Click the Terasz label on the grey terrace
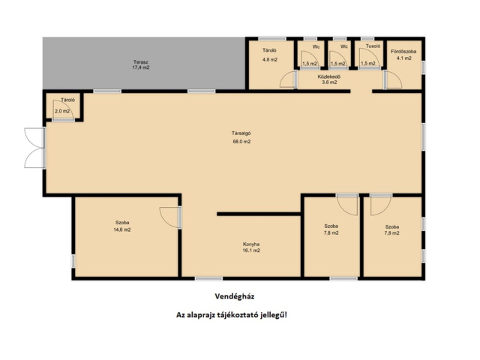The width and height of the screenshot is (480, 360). [141, 61]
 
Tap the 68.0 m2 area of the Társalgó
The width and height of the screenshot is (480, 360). [241, 142]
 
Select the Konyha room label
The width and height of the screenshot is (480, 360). [251, 244]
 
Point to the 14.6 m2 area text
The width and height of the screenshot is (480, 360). [122, 229]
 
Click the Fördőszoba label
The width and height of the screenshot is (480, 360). [403, 52]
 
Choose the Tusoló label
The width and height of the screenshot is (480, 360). [373, 46]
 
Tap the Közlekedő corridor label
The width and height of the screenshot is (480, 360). [329, 76]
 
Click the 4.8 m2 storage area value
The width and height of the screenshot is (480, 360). [270, 60]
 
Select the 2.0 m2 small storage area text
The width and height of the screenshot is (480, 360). [62, 111]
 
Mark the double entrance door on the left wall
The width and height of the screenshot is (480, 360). [34, 148]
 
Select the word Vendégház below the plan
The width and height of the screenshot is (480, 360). [235, 296]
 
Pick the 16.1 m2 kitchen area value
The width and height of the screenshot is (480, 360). [251, 250]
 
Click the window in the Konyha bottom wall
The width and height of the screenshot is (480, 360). [208, 278]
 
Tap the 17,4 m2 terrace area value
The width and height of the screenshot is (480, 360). [141, 67]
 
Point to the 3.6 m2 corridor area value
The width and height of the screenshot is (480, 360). [329, 82]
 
